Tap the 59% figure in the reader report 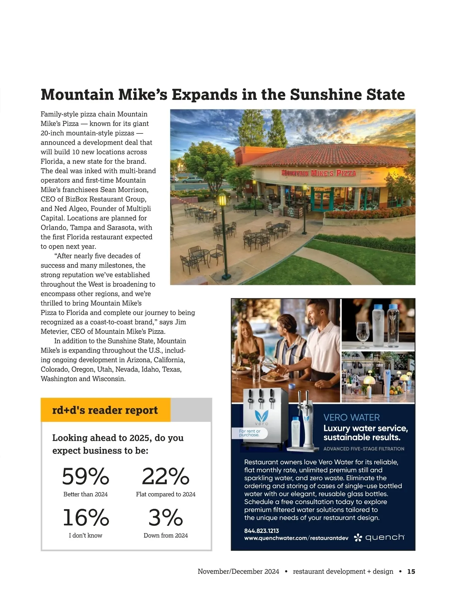[85, 476]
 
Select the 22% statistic [166, 476]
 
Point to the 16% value [86, 518]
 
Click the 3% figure [166, 518]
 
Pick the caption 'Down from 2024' [166, 535]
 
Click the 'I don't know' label [85, 535]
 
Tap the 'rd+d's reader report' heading [105, 410]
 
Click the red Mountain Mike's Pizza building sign [318, 173]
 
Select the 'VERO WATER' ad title [351, 418]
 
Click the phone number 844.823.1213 [261, 531]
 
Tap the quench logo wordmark [384, 537]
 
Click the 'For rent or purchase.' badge [250, 433]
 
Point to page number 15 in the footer [411, 571]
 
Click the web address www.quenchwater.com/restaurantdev [296, 538]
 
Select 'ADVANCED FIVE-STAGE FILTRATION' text [364, 449]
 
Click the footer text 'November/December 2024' [238, 571]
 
